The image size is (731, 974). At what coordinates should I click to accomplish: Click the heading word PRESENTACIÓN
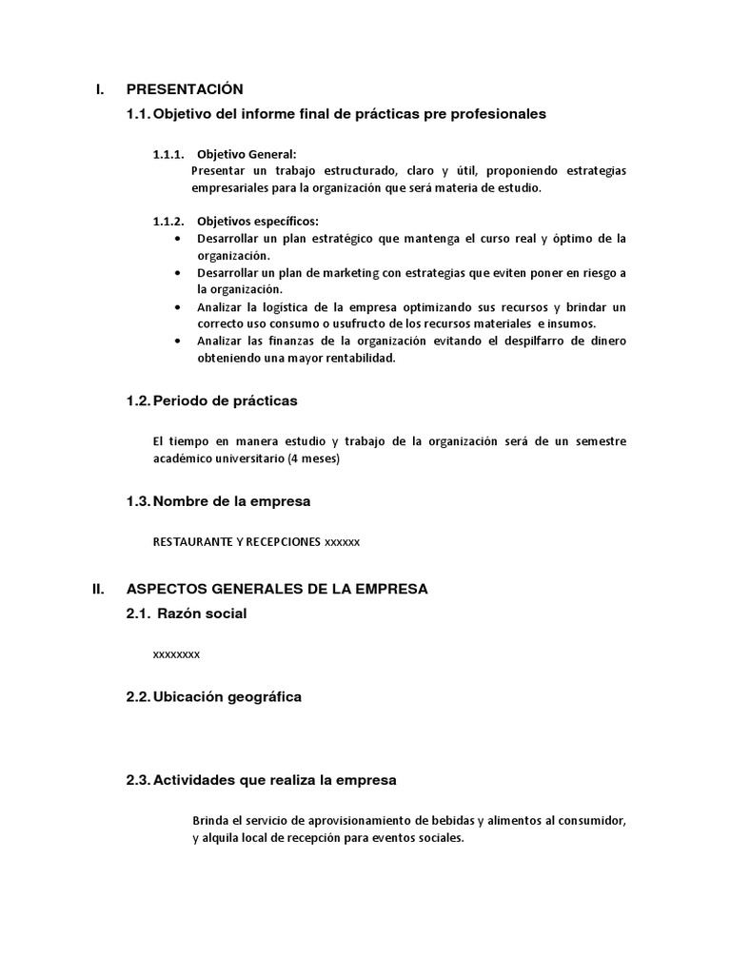(x=185, y=89)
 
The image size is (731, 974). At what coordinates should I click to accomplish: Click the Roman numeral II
(x=97, y=589)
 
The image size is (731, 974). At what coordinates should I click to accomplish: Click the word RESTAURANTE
(x=188, y=542)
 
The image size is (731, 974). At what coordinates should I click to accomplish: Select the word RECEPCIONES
(x=284, y=542)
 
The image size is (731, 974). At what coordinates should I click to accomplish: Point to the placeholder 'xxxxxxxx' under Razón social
(x=176, y=655)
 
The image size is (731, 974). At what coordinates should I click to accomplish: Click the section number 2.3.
(x=138, y=780)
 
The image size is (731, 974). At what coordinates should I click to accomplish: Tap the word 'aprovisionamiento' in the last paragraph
(x=368, y=821)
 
